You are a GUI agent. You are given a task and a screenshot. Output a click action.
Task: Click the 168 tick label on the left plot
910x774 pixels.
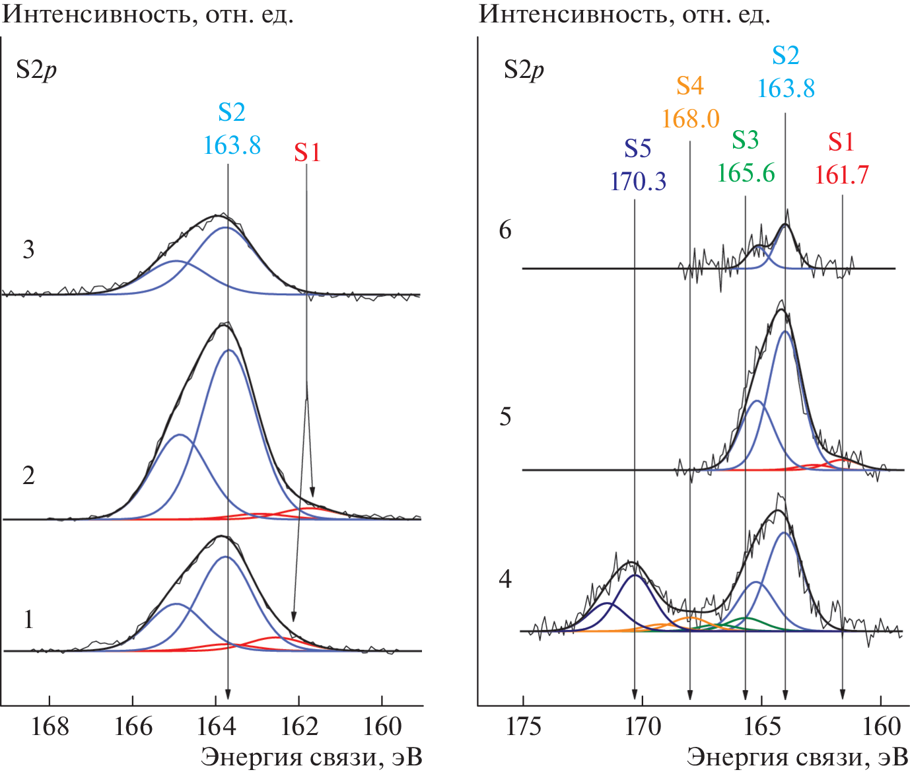[x=50, y=727]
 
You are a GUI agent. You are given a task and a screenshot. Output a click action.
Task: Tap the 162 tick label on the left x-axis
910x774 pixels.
[x=299, y=727]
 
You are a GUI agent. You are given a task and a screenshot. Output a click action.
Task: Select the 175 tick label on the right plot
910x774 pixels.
[x=524, y=727]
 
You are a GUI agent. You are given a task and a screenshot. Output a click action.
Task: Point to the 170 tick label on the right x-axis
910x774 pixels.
[x=643, y=727]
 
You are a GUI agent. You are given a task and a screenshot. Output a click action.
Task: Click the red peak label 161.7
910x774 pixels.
[x=841, y=175]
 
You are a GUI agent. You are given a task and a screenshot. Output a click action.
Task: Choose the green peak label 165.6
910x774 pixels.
[x=746, y=173]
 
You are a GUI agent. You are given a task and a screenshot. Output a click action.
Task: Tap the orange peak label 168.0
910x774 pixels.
[x=690, y=119]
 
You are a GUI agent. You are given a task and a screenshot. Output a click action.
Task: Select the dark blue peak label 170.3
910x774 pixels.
[x=638, y=181]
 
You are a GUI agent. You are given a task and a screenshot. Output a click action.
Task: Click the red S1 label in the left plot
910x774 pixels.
[x=307, y=153]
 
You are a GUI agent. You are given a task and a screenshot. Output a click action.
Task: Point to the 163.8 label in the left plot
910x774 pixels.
[x=232, y=145]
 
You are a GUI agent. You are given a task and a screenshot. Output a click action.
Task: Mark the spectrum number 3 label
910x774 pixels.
[x=28, y=250]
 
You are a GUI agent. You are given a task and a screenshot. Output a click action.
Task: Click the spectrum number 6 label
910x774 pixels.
[x=505, y=230]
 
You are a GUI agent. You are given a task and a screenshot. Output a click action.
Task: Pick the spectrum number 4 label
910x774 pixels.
[x=505, y=579]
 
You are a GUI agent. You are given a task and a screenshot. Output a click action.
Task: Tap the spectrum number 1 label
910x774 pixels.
[x=28, y=619]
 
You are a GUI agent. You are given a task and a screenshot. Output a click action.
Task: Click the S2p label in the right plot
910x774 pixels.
[x=524, y=69]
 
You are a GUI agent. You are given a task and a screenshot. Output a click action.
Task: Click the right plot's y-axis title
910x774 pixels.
[x=624, y=14]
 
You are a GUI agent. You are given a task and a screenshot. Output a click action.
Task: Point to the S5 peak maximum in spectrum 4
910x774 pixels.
[x=635, y=575]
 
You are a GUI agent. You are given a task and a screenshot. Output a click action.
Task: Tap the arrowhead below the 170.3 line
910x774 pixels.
[x=635, y=694]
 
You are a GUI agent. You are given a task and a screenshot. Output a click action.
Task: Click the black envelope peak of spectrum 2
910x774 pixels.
[x=225, y=324]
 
